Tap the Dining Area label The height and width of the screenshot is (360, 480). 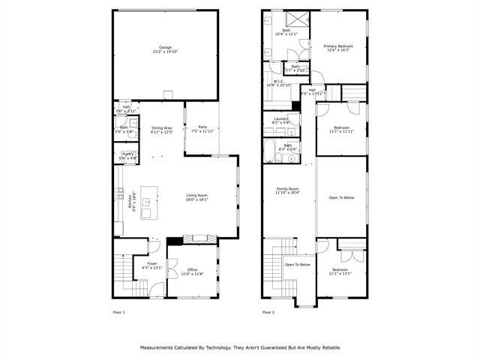tap(162, 130)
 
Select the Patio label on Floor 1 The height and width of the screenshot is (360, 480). tap(202, 129)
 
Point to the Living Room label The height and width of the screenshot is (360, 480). tap(197, 198)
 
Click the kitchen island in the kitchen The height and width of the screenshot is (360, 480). tap(147, 202)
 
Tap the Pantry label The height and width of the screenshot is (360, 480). tap(128, 156)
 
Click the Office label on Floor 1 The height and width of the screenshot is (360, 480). tap(193, 271)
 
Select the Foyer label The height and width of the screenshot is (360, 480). tap(152, 265)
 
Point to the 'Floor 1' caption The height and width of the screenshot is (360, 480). tap(118, 311)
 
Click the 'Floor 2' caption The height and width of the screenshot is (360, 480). tap(268, 311)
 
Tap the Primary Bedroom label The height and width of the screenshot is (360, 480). tap(338, 49)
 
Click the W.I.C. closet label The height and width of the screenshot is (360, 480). tap(277, 83)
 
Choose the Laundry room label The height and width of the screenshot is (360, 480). tap(281, 121)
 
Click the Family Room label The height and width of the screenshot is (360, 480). tap(287, 190)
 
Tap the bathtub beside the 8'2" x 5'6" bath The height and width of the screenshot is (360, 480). tap(270, 151)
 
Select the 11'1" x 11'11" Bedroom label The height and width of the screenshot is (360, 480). tap(340, 129)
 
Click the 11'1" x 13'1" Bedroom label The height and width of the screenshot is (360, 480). tap(340, 271)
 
